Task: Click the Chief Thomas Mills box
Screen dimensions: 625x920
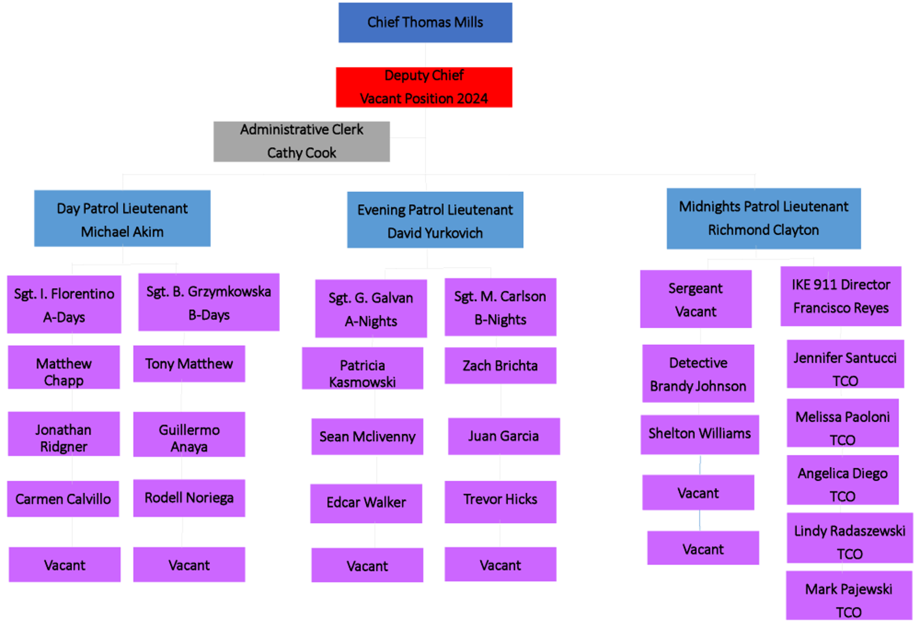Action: coord(425,22)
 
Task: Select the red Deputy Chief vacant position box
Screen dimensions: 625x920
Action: coord(424,87)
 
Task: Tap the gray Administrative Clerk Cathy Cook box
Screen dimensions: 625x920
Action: coord(301,141)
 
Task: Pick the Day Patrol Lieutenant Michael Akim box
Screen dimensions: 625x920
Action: coord(122,219)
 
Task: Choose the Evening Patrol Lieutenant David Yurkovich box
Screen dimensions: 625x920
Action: coord(435,220)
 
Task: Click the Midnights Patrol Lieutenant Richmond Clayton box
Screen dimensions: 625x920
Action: coord(763,218)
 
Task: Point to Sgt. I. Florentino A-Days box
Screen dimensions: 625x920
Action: coord(64,304)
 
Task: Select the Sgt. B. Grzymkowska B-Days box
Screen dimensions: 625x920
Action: coord(209,302)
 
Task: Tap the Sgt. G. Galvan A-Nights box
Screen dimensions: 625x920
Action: coord(371,308)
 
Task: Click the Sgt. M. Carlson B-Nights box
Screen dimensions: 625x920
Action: coord(500,307)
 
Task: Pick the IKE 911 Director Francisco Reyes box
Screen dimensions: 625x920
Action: coord(840,296)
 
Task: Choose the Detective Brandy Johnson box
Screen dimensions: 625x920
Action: coord(697,374)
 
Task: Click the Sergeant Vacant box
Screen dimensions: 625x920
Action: coord(695,299)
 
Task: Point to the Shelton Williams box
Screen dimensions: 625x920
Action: coord(699,434)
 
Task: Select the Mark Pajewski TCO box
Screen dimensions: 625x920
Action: coord(848,595)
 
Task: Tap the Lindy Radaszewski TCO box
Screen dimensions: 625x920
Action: coord(849,538)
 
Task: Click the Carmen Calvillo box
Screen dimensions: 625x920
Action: coord(63,499)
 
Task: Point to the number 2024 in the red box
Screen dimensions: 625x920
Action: coord(472,99)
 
